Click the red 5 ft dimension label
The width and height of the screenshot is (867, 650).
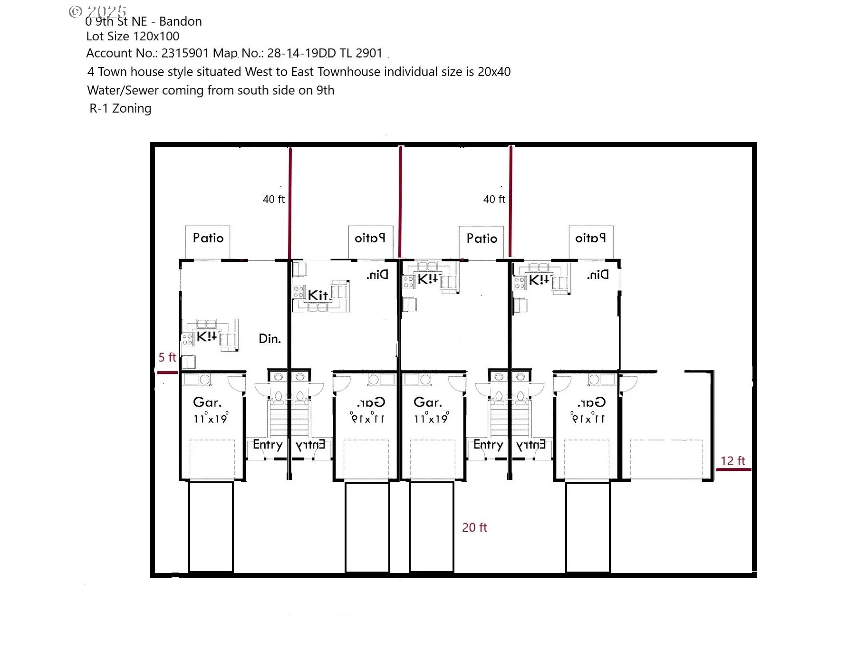coord(167,357)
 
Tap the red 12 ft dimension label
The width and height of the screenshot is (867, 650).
coord(732,461)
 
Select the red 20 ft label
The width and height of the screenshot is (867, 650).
coord(474,527)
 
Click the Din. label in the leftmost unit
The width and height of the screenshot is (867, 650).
coord(270,339)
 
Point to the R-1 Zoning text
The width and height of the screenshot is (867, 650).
coord(120,108)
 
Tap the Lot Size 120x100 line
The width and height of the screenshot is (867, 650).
coord(133,37)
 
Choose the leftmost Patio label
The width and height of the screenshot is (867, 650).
coord(208,238)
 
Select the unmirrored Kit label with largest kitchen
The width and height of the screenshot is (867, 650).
coord(318,295)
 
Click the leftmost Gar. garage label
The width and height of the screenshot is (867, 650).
coord(207,402)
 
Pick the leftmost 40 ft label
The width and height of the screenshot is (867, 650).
coord(273,199)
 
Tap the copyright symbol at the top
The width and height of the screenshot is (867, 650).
coord(75,11)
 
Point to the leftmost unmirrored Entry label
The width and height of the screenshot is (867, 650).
coord(268,445)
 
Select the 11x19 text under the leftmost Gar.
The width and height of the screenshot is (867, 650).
coord(210,419)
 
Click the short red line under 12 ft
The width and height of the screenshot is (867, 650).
coord(733,470)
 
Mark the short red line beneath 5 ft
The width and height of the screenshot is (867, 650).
coord(167,373)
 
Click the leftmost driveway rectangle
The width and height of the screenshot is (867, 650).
coord(211,527)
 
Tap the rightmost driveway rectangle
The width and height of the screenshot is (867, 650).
coord(588,527)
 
